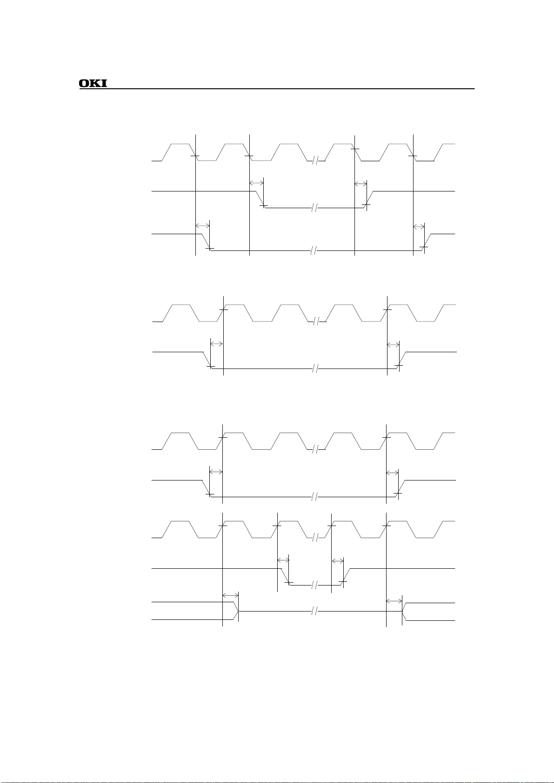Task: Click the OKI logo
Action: point(93,84)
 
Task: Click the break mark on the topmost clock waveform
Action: point(315,161)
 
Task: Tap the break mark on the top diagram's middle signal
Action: point(314,208)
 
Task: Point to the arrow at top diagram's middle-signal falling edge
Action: point(256,183)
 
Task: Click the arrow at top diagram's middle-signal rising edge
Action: point(360,184)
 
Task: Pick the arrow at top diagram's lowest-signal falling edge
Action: point(203,226)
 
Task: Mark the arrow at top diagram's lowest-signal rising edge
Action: point(419,226)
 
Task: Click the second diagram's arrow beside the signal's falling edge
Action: point(217,344)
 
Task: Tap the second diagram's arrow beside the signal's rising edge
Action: point(394,344)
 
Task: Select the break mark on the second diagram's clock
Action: point(315,321)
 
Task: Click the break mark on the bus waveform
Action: point(314,612)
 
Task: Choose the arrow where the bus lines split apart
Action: point(394,602)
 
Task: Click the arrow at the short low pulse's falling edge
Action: point(283,560)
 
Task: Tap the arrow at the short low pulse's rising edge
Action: point(338,561)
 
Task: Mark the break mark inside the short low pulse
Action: point(314,585)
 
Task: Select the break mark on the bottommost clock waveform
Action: point(315,538)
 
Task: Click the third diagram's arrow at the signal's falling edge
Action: point(216,472)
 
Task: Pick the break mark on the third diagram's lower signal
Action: point(314,497)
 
